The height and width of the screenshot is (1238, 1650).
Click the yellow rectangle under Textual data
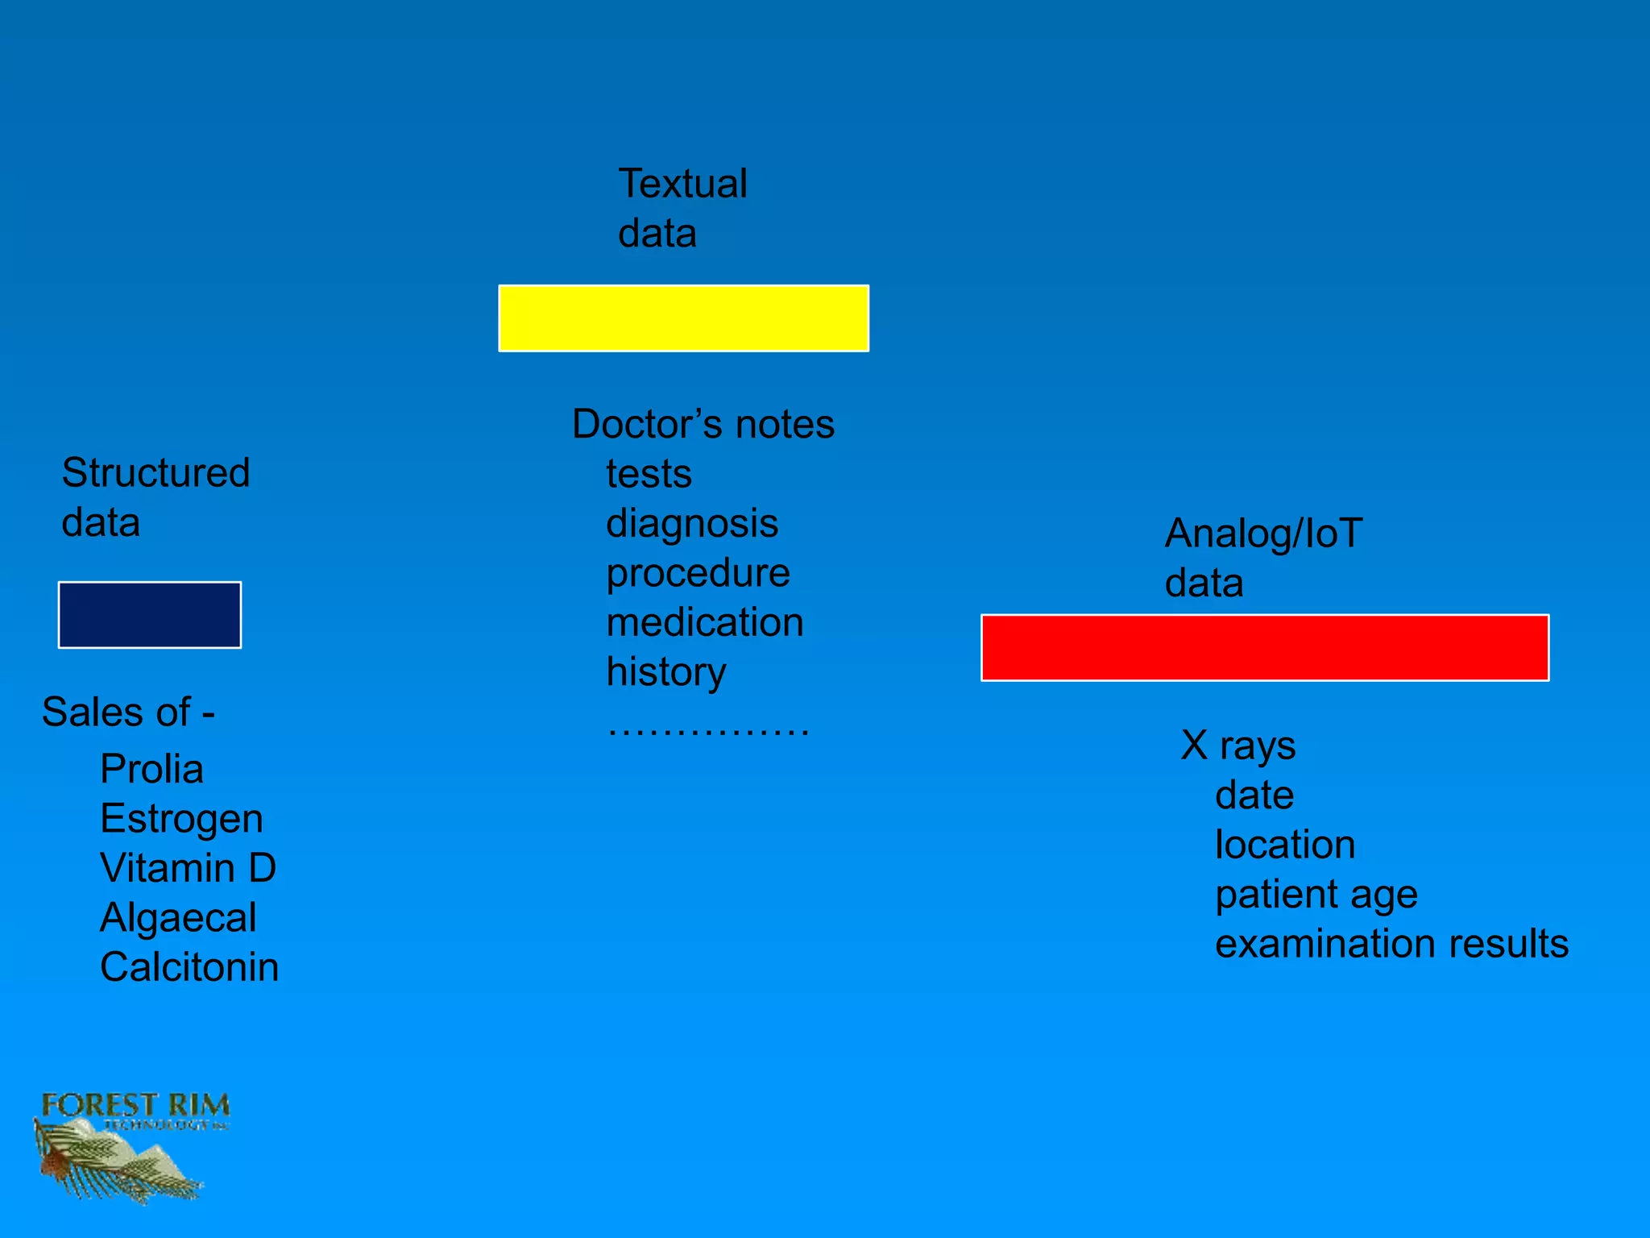coord(683,318)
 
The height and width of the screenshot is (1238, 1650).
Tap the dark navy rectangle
coord(150,615)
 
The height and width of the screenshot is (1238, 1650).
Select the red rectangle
coord(1265,648)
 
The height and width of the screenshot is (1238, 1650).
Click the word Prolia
coord(151,769)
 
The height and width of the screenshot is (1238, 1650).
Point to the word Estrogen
coord(181,819)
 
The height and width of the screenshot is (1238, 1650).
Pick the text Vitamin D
coord(188,868)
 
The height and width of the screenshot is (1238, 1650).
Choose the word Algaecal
coord(178,918)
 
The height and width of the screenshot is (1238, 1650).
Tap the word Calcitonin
coord(189,967)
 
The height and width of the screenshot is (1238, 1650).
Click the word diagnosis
coord(692,524)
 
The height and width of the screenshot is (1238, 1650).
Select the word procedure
coord(698,573)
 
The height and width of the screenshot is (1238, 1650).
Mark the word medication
coord(705,623)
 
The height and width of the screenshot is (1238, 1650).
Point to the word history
coord(666,672)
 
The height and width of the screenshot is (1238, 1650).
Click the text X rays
coord(1238,746)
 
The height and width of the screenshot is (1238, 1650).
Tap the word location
coord(1285,845)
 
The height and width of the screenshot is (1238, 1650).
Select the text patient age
coord(1316,895)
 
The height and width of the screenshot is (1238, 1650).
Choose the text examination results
coord(1391,944)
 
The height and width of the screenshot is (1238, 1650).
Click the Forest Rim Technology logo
coord(129,1145)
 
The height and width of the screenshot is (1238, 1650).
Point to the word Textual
coord(682,184)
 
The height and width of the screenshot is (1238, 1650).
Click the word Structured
coord(155,473)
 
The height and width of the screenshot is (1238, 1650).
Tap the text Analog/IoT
coord(1263,534)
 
